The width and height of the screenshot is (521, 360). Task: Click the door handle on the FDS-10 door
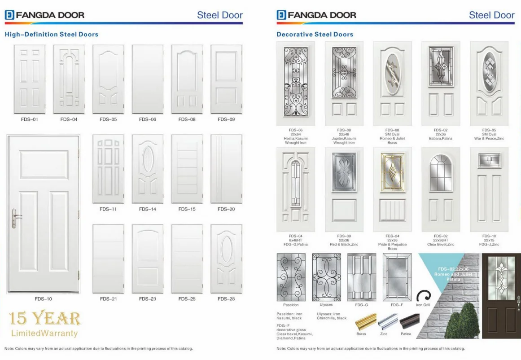coord(15,218)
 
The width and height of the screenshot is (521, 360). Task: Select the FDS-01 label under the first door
coord(30,119)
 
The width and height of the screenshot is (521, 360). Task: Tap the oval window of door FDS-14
coord(148,159)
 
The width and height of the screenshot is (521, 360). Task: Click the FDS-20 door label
coord(226,209)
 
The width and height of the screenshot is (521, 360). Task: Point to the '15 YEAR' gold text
coord(45,318)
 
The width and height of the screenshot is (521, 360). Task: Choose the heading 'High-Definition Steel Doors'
coord(51,34)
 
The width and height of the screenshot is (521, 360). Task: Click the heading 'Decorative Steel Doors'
coord(315,34)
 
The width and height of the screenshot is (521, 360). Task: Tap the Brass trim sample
coord(366,322)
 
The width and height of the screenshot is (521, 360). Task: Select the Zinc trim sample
coord(388,322)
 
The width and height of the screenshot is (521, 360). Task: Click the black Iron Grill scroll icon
coord(423,296)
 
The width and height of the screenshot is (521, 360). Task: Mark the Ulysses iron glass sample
coord(326,277)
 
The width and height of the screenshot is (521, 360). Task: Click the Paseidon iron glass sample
coord(291,277)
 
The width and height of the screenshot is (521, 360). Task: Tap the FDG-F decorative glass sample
coord(397,277)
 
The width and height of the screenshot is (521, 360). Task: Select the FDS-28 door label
coord(226,299)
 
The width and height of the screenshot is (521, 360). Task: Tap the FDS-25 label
coord(187,299)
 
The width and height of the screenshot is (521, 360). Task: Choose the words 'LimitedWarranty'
coord(44,334)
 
